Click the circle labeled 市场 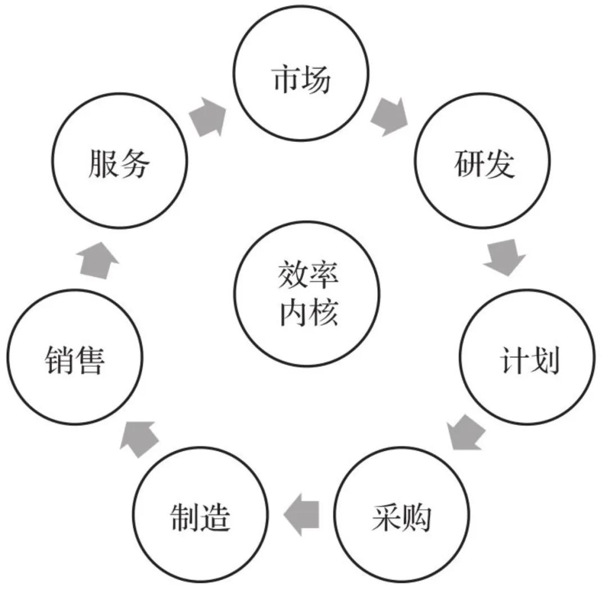(x=301, y=79)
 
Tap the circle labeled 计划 (x=528, y=357)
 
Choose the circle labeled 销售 (x=75, y=357)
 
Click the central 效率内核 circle (x=301, y=294)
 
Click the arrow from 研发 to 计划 (x=504, y=256)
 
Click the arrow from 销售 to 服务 (x=99, y=258)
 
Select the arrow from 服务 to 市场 (x=207, y=117)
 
